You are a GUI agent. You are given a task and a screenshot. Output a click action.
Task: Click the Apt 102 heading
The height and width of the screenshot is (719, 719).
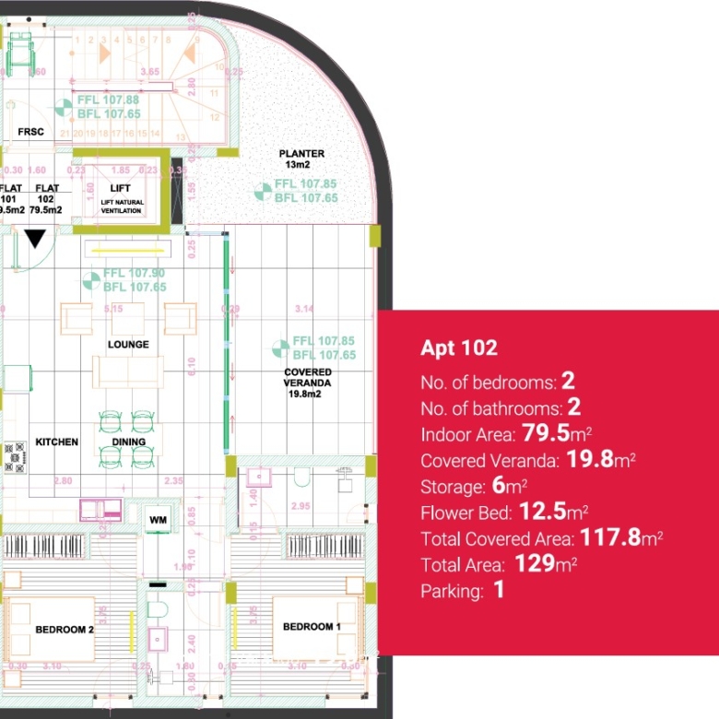pyautogui.click(x=459, y=348)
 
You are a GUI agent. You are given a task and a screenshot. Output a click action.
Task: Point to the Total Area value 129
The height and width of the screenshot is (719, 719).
pyautogui.click(x=533, y=564)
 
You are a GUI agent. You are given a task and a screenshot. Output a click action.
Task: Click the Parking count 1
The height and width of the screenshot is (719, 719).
pyautogui.click(x=499, y=591)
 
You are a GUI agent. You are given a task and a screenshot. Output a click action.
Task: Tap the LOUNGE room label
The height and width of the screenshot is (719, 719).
pyautogui.click(x=128, y=345)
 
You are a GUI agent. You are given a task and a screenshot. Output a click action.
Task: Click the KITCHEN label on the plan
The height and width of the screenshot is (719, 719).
pyautogui.click(x=57, y=442)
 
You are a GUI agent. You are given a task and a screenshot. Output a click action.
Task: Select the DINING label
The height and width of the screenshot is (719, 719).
pyautogui.click(x=129, y=442)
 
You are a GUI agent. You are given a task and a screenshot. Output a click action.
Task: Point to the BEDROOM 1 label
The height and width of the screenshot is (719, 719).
pyautogui.click(x=311, y=627)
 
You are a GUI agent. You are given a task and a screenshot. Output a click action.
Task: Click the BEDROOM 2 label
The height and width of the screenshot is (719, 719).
pyautogui.click(x=64, y=630)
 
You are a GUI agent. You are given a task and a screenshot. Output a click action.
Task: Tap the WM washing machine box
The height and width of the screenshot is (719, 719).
pyautogui.click(x=158, y=521)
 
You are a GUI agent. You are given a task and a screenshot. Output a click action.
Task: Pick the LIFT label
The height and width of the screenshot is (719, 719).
pyautogui.click(x=120, y=188)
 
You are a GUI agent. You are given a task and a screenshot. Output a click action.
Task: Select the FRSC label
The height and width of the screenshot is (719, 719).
pyautogui.click(x=30, y=133)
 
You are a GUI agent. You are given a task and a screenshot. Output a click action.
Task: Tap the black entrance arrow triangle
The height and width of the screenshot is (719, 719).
pyautogui.click(x=35, y=239)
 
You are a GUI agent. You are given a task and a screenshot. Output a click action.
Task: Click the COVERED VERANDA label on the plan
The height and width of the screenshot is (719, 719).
pyautogui.click(x=308, y=377)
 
